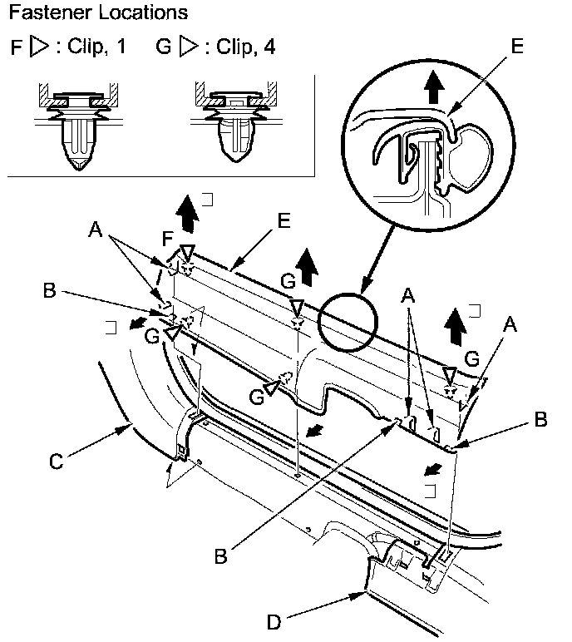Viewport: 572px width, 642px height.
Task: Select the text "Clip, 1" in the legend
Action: [98, 47]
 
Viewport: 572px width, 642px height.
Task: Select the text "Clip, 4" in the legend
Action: [246, 47]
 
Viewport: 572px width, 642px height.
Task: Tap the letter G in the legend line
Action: [163, 47]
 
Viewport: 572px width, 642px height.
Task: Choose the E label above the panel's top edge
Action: [284, 220]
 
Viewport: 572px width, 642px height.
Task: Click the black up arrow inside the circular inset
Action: [432, 86]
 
